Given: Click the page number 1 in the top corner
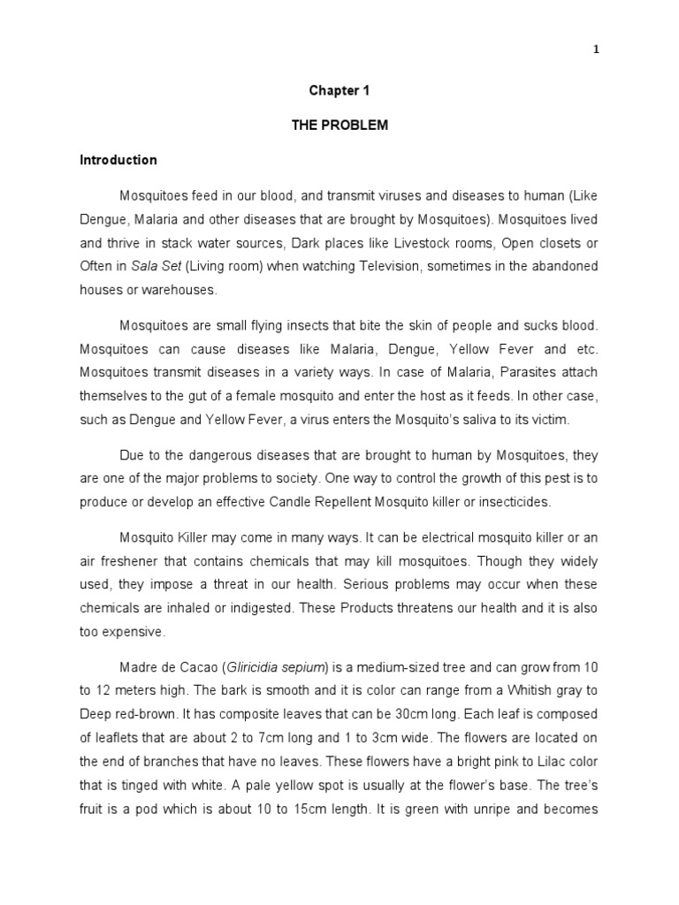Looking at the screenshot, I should (597, 49).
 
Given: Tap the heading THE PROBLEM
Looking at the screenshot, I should (339, 125).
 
